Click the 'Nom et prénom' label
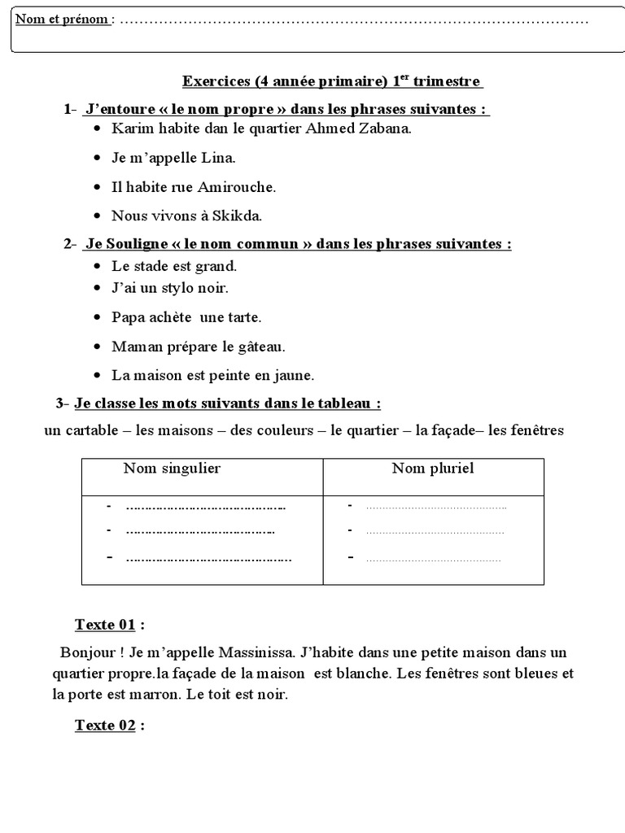pos(63,20)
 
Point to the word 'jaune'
pos(296,375)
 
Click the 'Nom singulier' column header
pos(172,468)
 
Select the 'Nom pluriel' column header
pos(432,468)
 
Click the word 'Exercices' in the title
pos(216,81)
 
